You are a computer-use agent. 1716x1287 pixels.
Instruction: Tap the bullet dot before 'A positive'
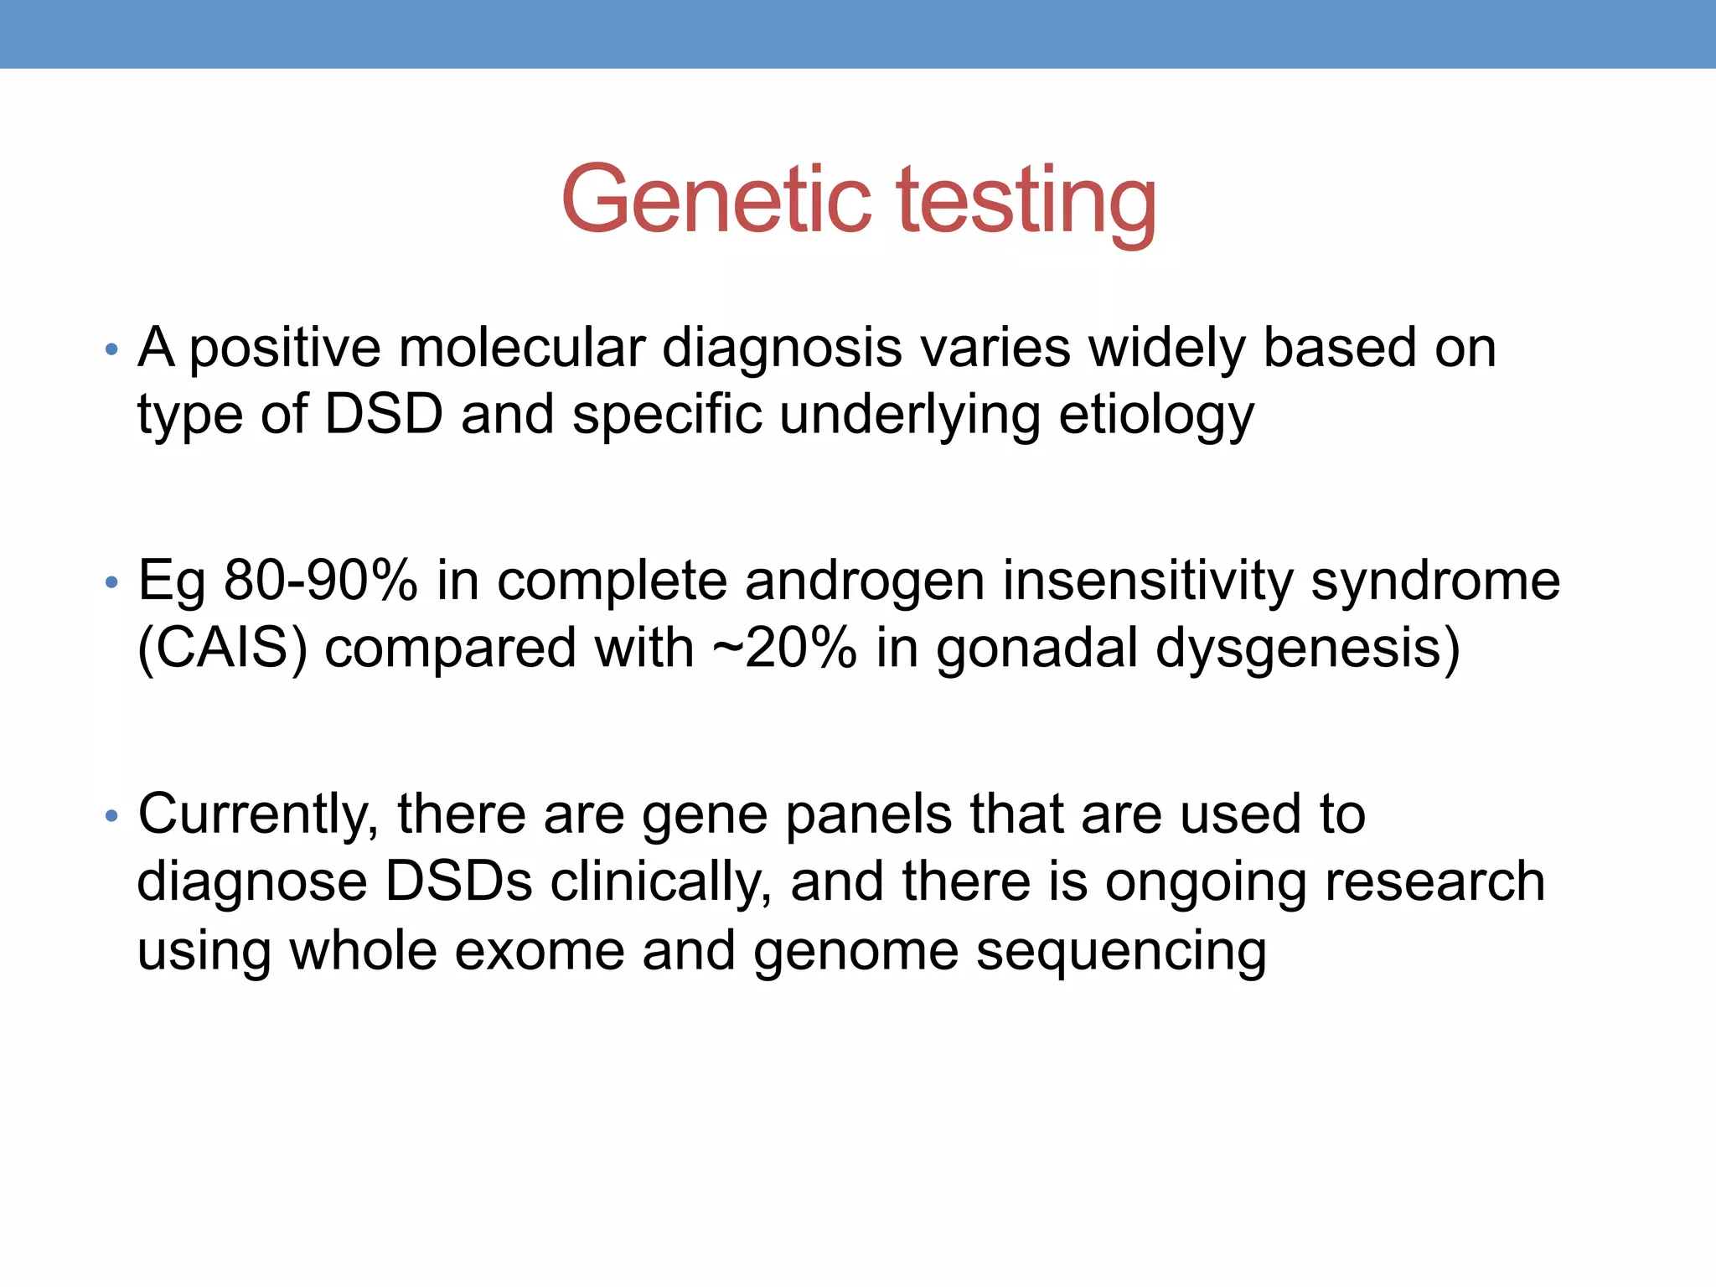pos(112,350)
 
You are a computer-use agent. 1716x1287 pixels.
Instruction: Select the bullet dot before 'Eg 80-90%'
pos(112,582)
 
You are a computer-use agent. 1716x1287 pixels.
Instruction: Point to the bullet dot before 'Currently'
pos(112,815)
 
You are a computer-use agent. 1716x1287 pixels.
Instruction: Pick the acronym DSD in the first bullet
pos(383,414)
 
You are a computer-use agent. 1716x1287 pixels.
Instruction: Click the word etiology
pos(1155,416)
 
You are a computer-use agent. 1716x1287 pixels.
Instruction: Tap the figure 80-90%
pos(320,580)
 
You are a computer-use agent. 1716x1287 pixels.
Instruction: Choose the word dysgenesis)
pos(1307,649)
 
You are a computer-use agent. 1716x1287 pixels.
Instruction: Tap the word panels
pos(868,814)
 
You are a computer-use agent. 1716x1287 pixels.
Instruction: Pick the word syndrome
pos(1434,581)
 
